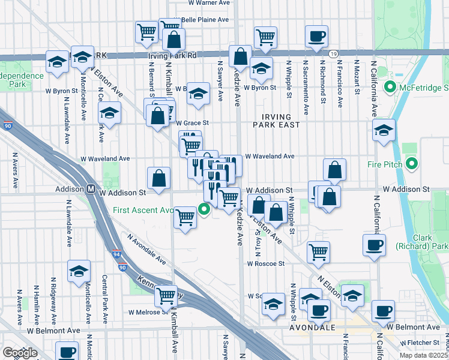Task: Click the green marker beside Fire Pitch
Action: [x=412, y=163]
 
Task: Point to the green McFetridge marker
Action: [x=390, y=89]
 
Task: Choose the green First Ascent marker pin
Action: [x=204, y=209]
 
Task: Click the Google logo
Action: [x=20, y=353]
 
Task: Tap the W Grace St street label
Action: [x=191, y=123]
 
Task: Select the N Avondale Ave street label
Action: [x=146, y=249]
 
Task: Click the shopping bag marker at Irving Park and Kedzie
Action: [x=240, y=57]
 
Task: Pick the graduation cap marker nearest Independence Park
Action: [x=58, y=62]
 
